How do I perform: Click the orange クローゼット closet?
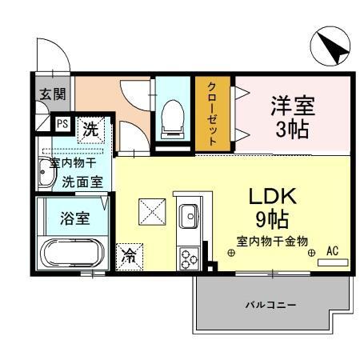[213, 113]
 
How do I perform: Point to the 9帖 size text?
[270, 218]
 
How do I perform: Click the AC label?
[333, 250]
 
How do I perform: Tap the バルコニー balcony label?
[270, 306]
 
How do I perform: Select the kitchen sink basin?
[190, 215]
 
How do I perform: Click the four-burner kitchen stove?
[189, 257]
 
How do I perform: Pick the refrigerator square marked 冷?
[129, 256]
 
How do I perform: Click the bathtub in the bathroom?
[73, 255]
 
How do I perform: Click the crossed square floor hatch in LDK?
[150, 211]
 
